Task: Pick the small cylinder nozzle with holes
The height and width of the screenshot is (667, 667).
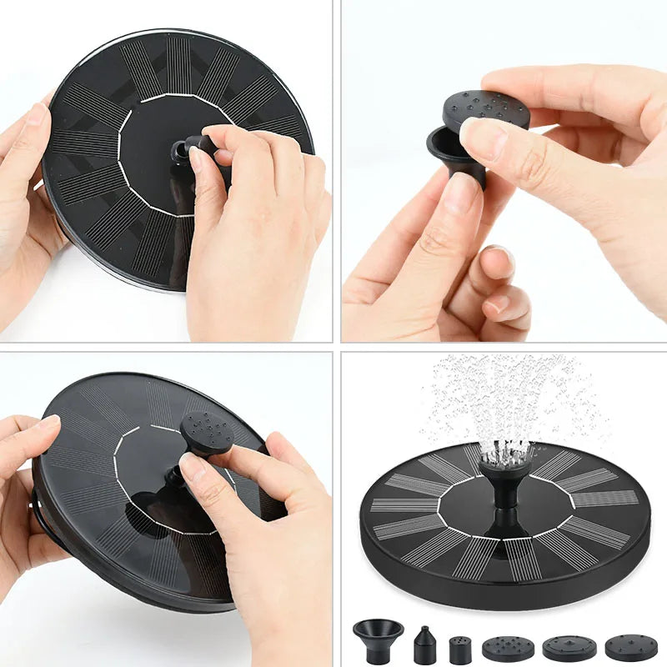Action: (460, 649)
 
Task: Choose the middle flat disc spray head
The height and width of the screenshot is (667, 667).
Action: (569, 648)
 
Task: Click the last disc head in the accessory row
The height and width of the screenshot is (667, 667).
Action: (630, 648)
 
